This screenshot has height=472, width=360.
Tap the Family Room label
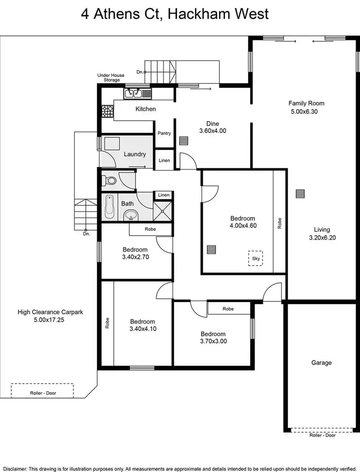coord(306,103)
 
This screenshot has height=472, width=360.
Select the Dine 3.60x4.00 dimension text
coord(213,131)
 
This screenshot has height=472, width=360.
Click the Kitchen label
coord(145,109)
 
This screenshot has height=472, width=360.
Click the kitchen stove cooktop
coord(107,111)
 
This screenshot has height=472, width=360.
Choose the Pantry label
coord(164,133)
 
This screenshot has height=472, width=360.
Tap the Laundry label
coord(135,154)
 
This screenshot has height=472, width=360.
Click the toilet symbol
coord(110,181)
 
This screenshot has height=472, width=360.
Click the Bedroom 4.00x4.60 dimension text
coord(242,225)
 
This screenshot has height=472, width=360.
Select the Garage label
coord(321,363)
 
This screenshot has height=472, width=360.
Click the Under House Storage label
coord(111,77)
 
